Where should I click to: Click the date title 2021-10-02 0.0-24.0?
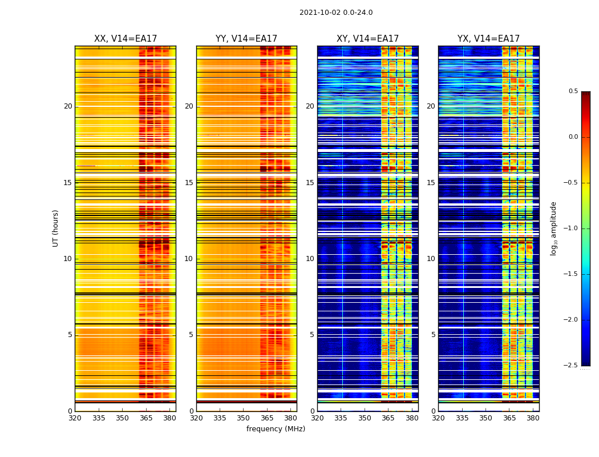tap(336, 13)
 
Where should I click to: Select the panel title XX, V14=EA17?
tap(126, 39)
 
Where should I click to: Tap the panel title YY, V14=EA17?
tap(246, 39)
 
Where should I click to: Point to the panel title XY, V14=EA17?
tap(368, 39)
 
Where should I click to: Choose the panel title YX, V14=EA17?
tap(489, 39)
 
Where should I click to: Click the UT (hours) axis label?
tap(56, 228)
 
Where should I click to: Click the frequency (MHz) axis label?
tap(276, 429)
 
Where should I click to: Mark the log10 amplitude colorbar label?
tap(553, 228)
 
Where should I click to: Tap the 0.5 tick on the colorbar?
tap(573, 91)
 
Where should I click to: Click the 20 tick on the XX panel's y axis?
tap(68, 106)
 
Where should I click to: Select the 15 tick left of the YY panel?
tap(189, 183)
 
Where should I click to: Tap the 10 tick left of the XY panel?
tap(310, 259)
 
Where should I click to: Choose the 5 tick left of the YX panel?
tap(433, 335)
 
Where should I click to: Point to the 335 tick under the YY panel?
tap(220, 418)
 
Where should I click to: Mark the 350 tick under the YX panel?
tap(485, 418)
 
